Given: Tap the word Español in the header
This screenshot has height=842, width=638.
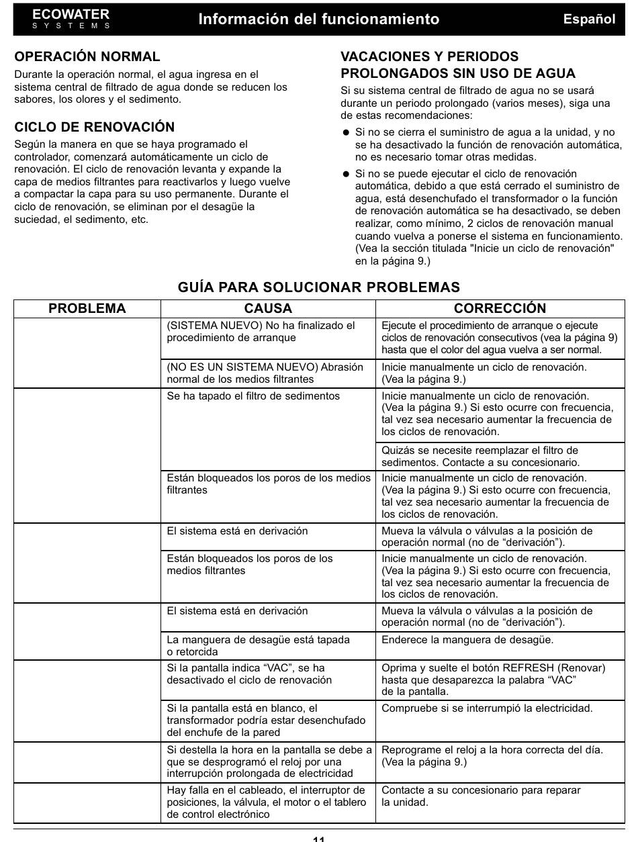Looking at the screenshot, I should (589, 19).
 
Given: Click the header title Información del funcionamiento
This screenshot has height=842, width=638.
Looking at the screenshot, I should (318, 19).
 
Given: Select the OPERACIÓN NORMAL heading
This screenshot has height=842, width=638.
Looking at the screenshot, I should (87, 57).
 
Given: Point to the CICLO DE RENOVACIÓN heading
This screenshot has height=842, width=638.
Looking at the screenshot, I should (95, 127).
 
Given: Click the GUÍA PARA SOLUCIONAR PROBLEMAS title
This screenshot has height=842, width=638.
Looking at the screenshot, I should (319, 287).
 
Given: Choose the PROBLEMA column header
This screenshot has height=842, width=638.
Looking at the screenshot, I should (87, 308).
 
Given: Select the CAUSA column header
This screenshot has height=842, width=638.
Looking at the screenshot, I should (268, 308).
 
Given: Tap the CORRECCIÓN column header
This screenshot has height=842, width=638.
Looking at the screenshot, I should (500, 308).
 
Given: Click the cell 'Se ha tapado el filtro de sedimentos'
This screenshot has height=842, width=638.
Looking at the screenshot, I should (254, 396).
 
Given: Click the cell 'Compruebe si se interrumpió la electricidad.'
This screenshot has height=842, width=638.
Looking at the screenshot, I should (487, 708).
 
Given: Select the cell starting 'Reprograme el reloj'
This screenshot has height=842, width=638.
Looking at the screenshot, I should (492, 755).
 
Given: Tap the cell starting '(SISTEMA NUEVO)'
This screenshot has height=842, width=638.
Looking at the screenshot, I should (261, 332).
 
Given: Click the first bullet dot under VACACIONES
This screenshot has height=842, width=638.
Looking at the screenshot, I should (347, 133).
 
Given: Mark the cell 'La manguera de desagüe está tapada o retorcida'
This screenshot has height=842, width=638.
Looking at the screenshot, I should (258, 646).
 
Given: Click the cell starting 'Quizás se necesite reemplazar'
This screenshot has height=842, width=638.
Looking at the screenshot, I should (480, 457).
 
